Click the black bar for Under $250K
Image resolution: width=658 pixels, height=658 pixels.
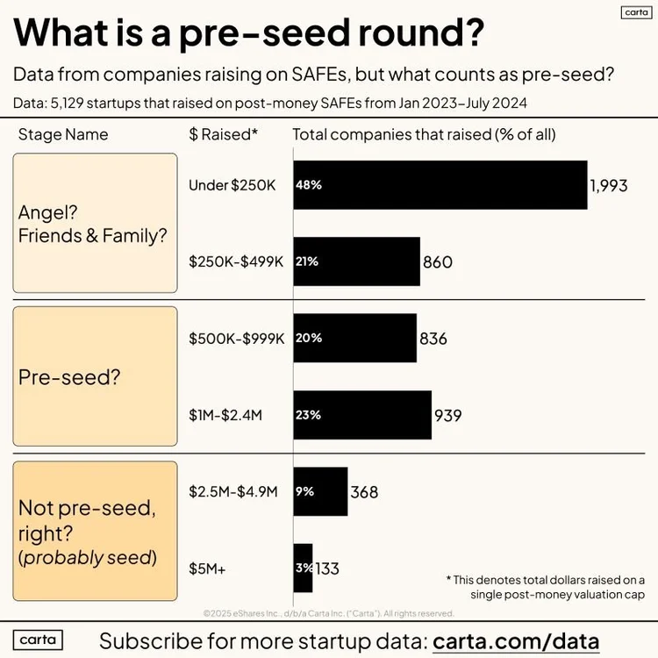click(440, 185)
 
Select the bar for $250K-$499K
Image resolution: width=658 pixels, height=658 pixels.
click(356, 261)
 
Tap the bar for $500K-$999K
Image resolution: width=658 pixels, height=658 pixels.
click(354, 338)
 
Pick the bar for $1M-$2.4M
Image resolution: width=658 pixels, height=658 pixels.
click(361, 415)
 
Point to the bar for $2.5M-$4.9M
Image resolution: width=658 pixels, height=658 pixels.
click(320, 491)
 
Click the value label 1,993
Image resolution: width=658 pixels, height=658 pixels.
click(609, 185)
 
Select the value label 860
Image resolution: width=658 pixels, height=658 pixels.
click(438, 261)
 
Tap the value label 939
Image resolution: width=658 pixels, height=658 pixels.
click(448, 415)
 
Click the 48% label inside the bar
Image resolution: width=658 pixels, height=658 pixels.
click(309, 185)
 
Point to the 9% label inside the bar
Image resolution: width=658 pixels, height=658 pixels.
click(304, 491)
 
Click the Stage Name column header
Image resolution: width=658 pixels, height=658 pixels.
click(63, 134)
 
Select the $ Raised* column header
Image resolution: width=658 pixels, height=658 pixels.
click(224, 134)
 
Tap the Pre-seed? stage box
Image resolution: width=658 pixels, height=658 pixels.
click(95, 376)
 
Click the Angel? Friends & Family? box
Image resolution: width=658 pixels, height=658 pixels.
click(95, 223)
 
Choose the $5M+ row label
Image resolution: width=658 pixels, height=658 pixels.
click(207, 569)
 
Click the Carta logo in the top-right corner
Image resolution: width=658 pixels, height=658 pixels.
click(633, 12)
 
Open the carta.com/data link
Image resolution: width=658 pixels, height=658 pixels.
click(516, 640)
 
